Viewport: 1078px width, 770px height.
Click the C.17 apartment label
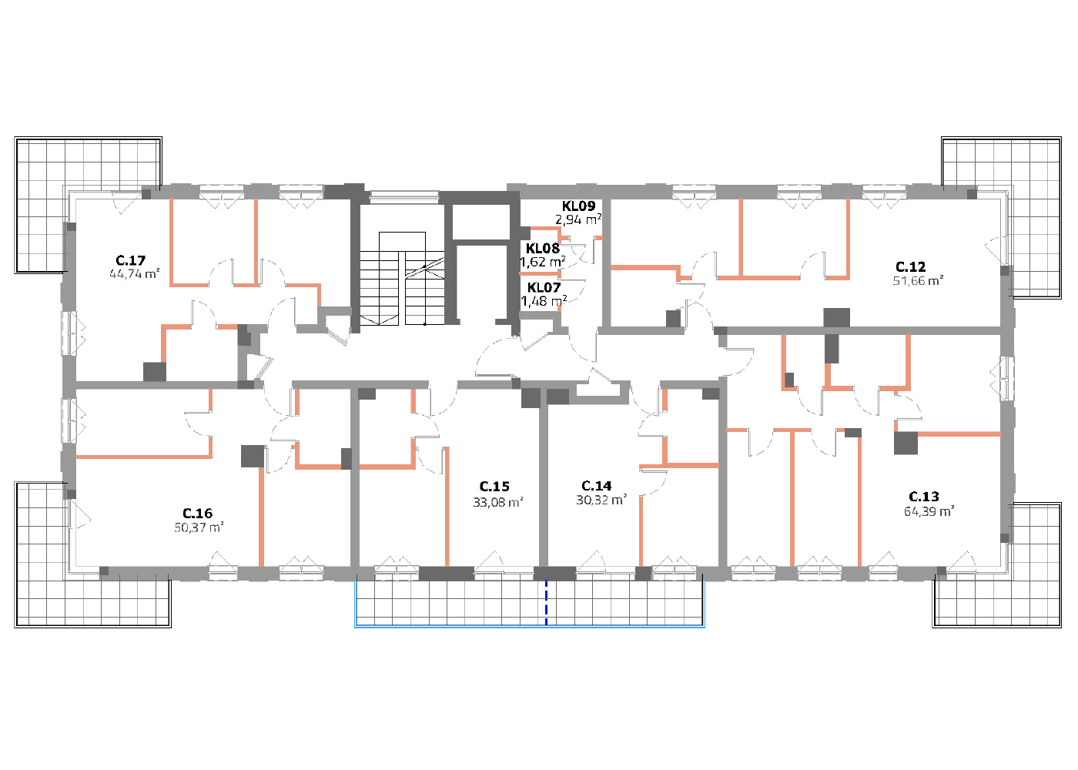130,260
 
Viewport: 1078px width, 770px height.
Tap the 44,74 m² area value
134,274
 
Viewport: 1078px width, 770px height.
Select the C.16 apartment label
197,514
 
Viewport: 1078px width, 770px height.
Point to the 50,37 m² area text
199,527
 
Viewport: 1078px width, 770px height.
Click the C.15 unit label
494,487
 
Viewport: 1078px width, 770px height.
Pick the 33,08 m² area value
497,502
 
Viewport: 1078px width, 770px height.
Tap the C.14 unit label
596,486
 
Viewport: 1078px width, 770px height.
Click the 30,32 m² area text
601,500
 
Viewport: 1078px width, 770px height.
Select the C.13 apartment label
923,496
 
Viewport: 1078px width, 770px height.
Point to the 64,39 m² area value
929,511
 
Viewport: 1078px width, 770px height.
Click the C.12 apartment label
910,266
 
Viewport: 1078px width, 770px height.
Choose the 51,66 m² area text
918,280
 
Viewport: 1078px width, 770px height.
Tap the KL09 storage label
578,206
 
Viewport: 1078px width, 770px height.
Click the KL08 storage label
542,248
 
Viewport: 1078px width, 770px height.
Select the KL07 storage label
544,288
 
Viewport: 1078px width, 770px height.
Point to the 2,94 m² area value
578,220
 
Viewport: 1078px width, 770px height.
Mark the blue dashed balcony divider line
546,602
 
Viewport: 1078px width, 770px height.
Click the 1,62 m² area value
542,263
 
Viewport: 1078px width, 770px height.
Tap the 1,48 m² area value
544,301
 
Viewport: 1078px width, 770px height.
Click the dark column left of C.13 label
906,444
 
